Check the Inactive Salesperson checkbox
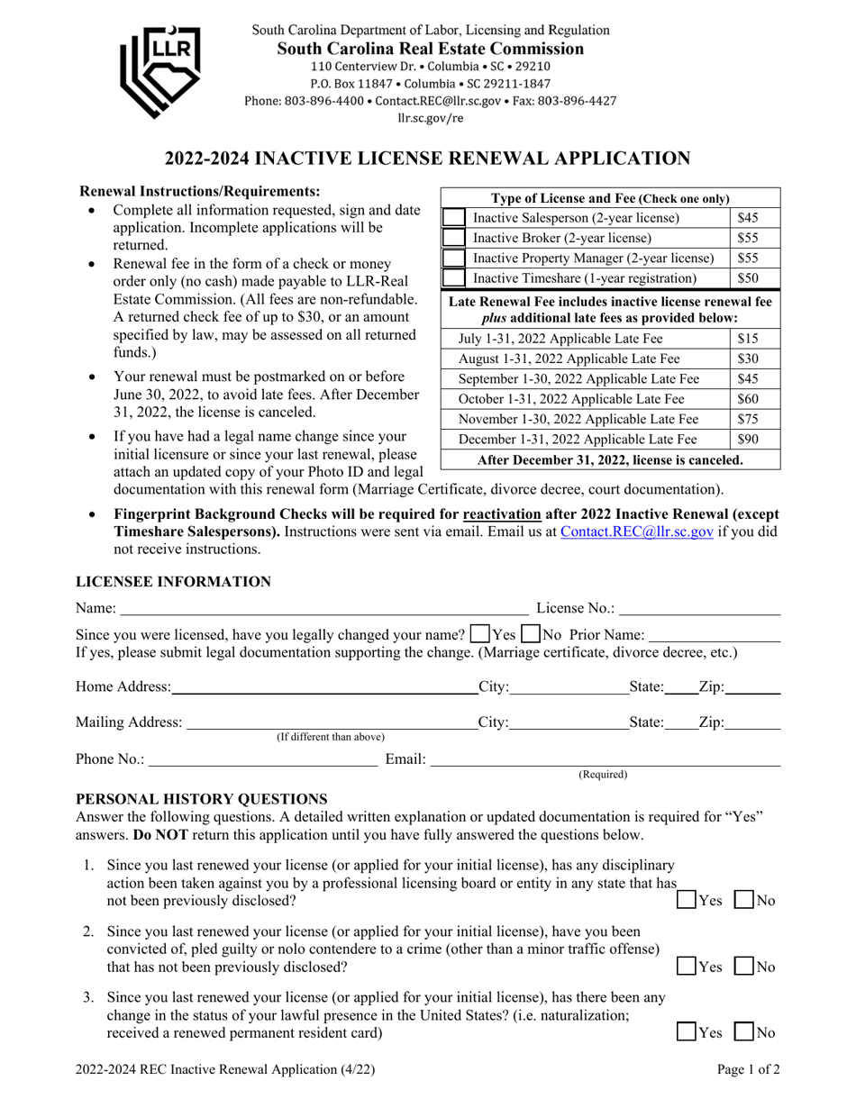point(454,218)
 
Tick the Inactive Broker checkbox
point(454,239)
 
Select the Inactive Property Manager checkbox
point(454,259)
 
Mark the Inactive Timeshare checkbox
point(454,278)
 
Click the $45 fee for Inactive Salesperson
point(748,218)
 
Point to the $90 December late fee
point(748,440)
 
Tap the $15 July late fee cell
point(748,340)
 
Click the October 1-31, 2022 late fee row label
point(571,399)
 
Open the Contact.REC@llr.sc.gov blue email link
point(637,532)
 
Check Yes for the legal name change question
point(481,631)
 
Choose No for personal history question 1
point(745,900)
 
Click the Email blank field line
point(604,761)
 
